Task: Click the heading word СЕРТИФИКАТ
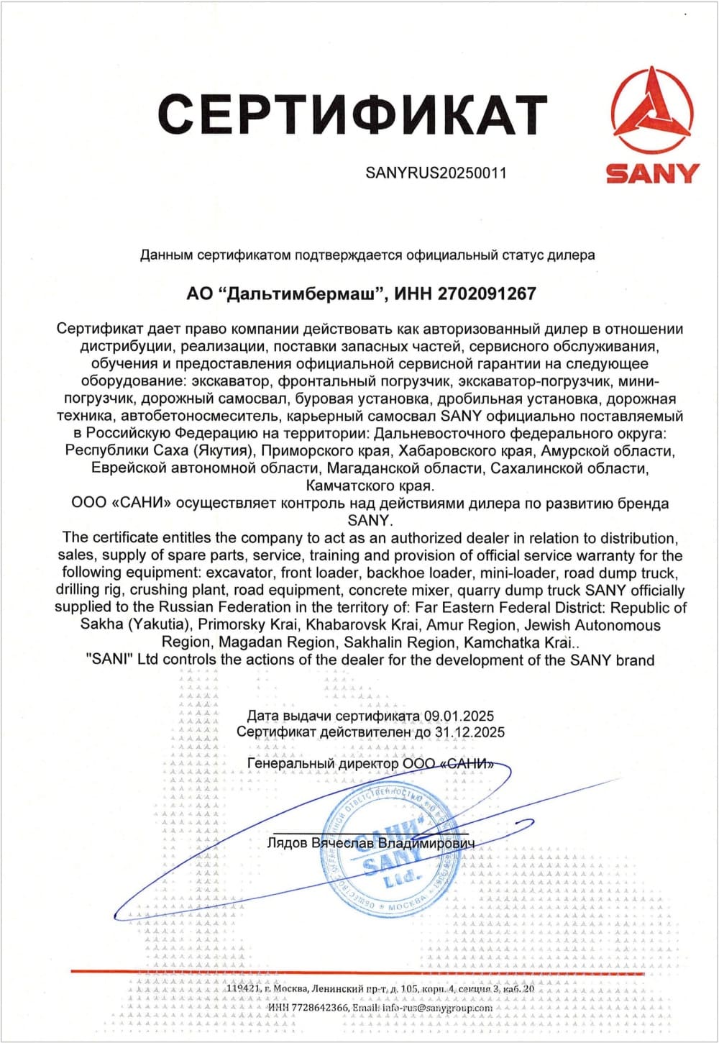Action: (352, 114)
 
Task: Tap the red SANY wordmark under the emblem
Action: (652, 173)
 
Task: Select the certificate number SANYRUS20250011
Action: (436, 173)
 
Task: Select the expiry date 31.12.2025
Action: (470, 732)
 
